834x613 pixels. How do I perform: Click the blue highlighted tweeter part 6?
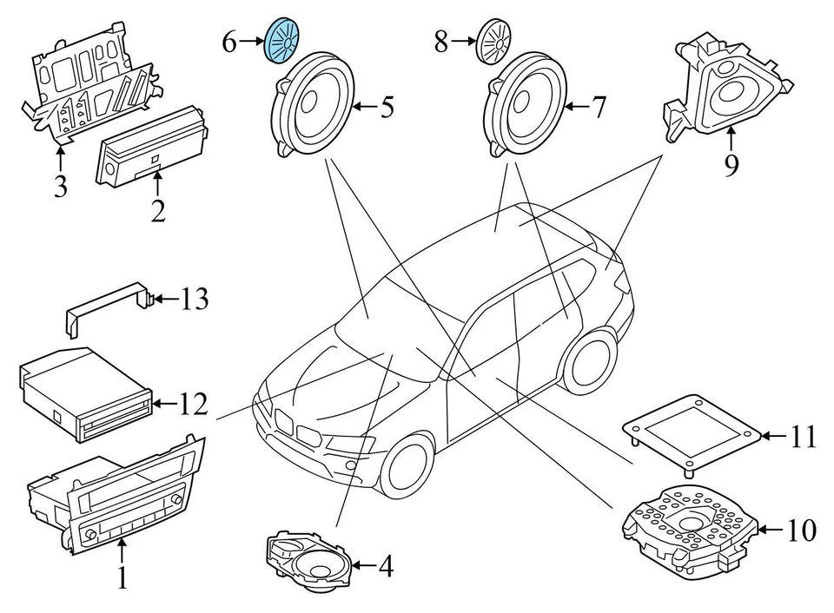[x=281, y=40]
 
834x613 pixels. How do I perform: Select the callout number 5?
[x=386, y=108]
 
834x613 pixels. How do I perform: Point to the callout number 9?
[x=731, y=163]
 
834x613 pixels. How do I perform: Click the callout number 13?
[x=195, y=300]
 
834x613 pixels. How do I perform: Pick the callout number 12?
[x=195, y=403]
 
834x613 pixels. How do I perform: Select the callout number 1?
[x=122, y=577]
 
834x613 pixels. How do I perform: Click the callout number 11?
[x=804, y=436]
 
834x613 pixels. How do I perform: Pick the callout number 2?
[x=157, y=208]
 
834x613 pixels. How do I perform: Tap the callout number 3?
[x=60, y=186]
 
